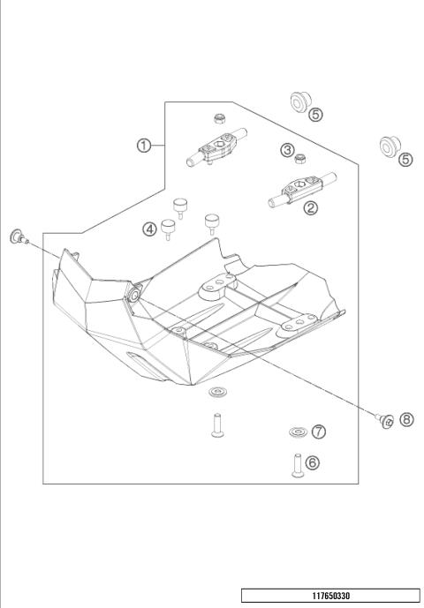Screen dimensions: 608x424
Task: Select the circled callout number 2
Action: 310,208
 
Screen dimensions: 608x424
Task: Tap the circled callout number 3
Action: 287,151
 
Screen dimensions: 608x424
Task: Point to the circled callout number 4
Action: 151,229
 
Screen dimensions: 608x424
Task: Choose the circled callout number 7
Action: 319,432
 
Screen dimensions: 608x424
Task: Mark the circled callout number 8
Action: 406,419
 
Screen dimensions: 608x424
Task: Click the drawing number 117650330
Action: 330,596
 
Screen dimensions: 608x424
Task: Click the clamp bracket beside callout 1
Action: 217,148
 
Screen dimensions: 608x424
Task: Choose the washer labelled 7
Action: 295,432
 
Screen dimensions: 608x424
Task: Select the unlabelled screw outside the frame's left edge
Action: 17,235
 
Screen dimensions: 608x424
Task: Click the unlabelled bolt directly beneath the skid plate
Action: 215,424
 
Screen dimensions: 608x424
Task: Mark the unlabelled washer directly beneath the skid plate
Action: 215,392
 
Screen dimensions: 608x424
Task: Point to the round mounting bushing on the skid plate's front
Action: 132,294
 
